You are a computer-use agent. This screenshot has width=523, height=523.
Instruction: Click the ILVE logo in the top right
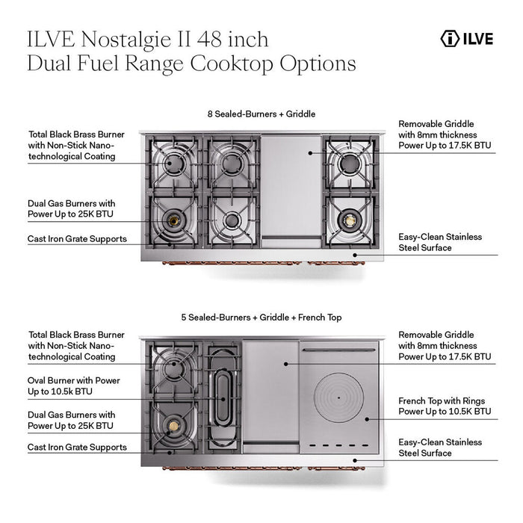point(467,39)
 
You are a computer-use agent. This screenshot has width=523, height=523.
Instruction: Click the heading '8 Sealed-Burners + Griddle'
point(261,114)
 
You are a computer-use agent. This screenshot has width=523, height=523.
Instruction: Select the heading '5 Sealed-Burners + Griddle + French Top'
point(261,318)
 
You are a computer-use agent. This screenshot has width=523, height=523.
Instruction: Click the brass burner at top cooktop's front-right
point(349,220)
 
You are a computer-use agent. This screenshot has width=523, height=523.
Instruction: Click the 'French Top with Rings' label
point(445,406)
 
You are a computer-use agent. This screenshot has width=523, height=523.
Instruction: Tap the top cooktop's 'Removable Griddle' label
point(445,134)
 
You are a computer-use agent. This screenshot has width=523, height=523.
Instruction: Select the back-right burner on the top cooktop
point(349,162)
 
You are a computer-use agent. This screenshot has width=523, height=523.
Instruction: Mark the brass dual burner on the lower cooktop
point(174,426)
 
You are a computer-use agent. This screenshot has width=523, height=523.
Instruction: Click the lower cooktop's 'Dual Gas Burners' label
point(72,420)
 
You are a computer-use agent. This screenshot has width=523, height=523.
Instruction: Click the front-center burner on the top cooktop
point(231,220)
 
